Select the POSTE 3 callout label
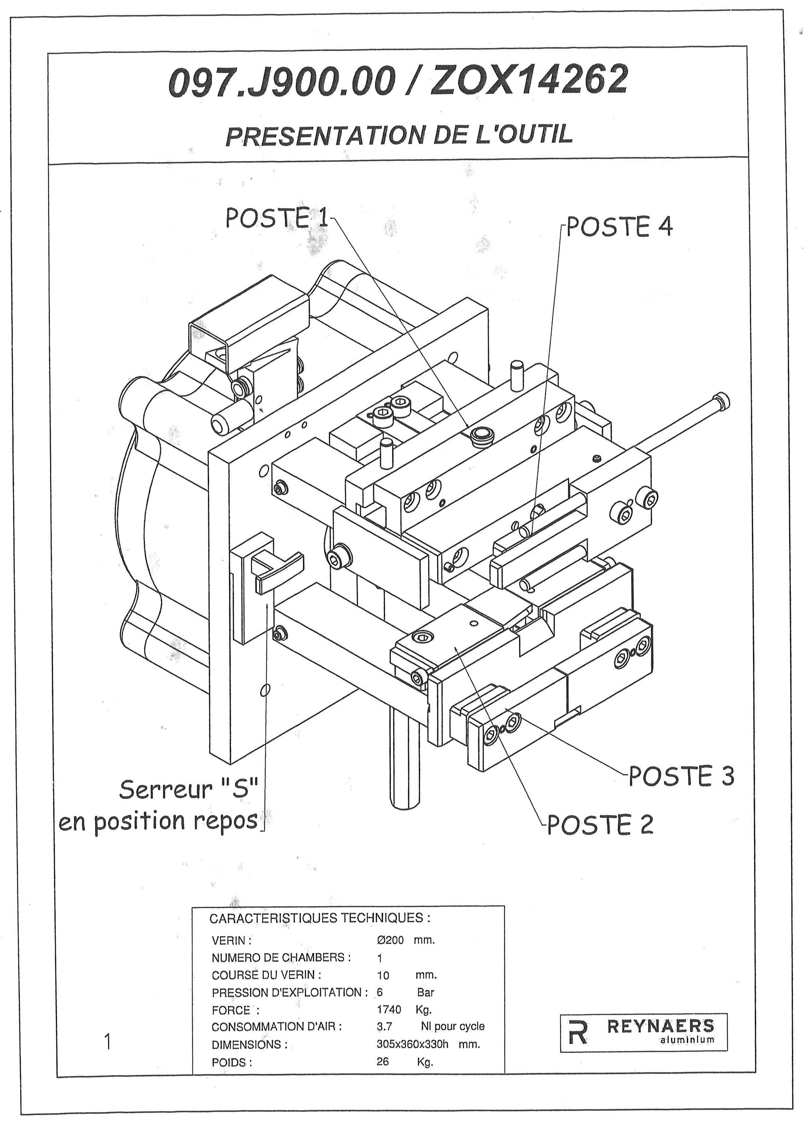[x=681, y=776]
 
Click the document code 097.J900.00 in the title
[x=282, y=81]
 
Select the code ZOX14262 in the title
[x=528, y=80]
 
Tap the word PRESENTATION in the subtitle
[x=327, y=136]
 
